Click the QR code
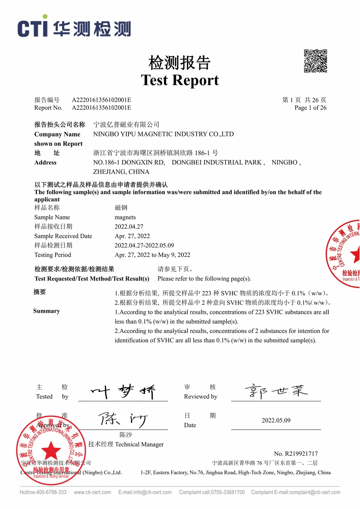315,61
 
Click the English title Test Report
180,80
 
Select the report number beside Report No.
101,108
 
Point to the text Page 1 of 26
310,108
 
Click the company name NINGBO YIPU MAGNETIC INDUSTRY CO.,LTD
163,134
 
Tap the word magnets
125,217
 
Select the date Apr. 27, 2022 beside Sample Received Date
132,236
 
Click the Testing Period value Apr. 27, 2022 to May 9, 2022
152,255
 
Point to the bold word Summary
47,311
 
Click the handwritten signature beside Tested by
123,392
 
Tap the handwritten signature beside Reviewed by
276,391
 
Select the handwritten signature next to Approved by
123,420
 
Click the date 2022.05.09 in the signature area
276,421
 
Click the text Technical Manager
139,444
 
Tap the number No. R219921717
295,454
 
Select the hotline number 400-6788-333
51,492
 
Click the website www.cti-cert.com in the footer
92,492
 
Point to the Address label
45,162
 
